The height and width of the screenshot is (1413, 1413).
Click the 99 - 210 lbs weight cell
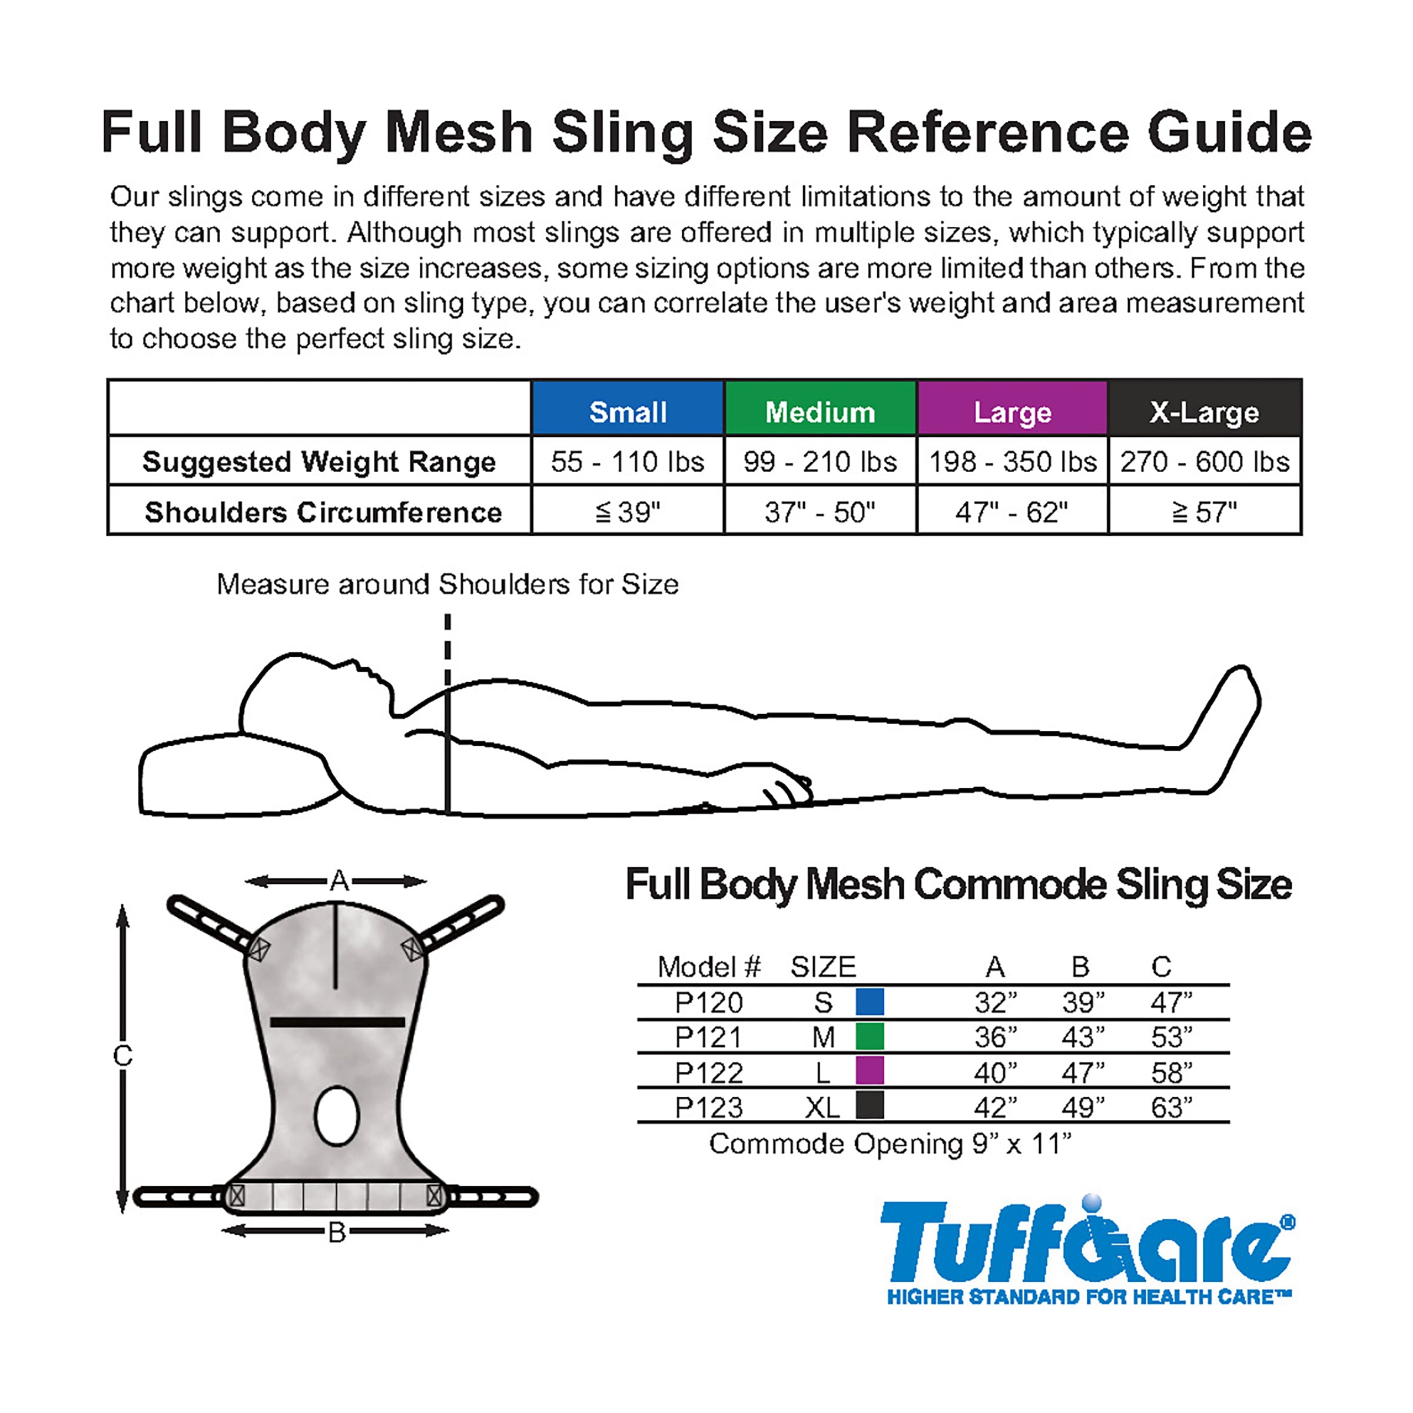820,462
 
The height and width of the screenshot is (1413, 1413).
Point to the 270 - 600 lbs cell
1205,462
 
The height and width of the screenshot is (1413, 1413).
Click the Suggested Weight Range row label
319,462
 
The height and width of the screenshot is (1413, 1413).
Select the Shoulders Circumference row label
323,512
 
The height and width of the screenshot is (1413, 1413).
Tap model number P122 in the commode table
709,1073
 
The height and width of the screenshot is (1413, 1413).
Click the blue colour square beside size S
870,1001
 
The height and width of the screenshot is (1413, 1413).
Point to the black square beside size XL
870,1105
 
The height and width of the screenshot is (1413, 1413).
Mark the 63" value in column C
1171,1107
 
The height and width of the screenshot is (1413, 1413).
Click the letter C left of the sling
123,1056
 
